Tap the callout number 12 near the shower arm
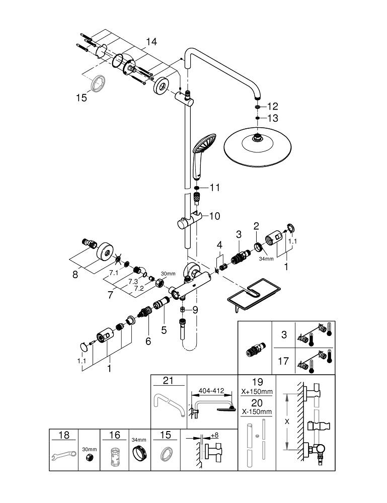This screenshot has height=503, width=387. click(x=272, y=106)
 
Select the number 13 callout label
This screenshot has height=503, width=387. click(x=272, y=118)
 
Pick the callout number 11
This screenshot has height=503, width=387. click(x=215, y=188)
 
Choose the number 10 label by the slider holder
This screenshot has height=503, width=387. click(x=214, y=216)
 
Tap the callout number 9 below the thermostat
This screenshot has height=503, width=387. click(x=195, y=310)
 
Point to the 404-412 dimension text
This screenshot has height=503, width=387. click(x=211, y=390)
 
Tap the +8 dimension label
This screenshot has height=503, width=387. click(x=215, y=435)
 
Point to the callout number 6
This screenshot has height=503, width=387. click(x=148, y=341)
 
